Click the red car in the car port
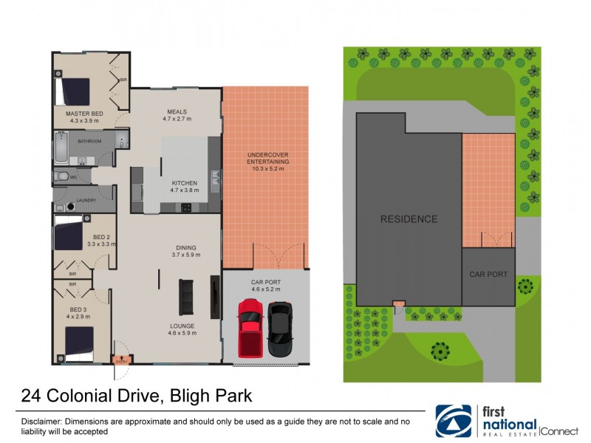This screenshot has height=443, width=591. (x=250, y=328)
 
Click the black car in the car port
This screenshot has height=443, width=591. (x=280, y=329)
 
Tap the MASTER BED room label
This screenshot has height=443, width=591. (x=84, y=114)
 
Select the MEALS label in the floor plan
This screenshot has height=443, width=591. (x=177, y=112)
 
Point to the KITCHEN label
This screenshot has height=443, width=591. (x=184, y=183)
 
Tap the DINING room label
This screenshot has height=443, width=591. (x=185, y=248)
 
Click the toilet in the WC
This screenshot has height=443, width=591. (x=63, y=176)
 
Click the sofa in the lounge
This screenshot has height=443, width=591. (x=186, y=297)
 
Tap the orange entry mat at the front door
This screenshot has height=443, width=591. (x=121, y=360)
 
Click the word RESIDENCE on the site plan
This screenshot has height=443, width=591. (x=409, y=219)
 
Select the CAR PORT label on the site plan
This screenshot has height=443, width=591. (x=488, y=274)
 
